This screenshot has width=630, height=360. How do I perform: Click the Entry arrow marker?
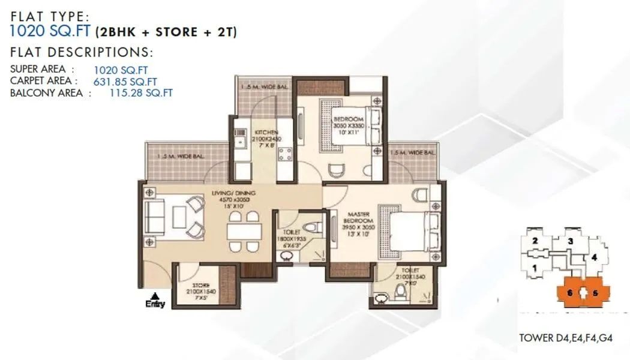pos(155,296)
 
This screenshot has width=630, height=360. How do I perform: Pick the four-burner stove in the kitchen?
pos(284,155)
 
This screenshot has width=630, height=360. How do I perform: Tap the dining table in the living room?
pos(245,231)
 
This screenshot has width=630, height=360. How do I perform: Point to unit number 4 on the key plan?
pos(594,258)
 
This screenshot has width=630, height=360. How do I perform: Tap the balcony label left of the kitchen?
pos(181,157)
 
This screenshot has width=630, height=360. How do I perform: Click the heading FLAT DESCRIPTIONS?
pos(82,52)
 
